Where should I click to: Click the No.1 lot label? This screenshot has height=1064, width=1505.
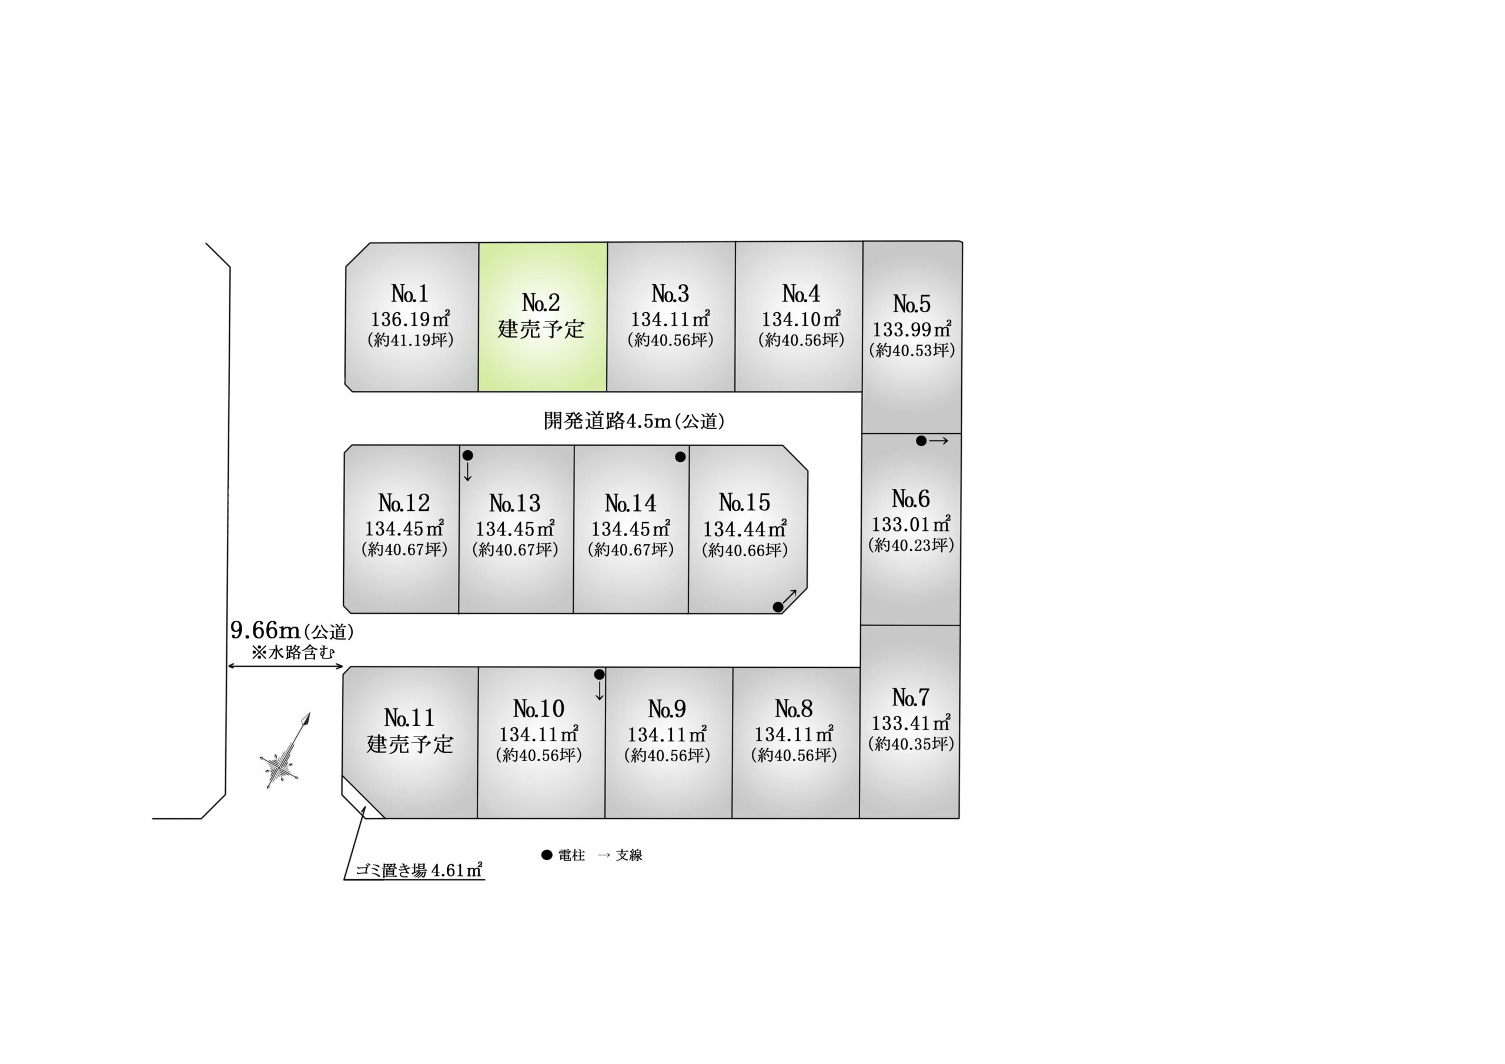[410, 293]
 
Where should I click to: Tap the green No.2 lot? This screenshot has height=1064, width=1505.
[542, 317]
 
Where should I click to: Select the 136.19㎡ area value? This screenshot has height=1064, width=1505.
[410, 319]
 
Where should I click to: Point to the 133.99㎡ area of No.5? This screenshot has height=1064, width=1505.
[912, 329]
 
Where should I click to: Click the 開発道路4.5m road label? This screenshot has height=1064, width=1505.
[634, 421]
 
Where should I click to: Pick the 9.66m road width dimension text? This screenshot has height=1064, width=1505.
[266, 630]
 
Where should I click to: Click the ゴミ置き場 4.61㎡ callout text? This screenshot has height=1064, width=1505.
[419, 870]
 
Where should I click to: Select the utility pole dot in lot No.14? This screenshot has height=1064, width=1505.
[680, 457]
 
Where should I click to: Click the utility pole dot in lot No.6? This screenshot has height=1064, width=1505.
[921, 441]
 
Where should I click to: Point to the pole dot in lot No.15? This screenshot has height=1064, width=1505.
[778, 607]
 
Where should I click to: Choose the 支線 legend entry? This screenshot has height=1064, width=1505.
[621, 855]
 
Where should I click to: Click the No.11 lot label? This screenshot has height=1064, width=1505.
[409, 718]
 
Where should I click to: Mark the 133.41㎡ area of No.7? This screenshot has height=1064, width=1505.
[911, 723]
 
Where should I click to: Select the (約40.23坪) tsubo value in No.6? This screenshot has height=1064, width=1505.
[911, 545]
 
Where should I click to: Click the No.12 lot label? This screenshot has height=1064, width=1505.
[404, 503]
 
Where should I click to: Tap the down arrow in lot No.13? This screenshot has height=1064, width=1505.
[467, 472]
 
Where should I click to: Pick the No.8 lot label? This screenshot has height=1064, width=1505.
[794, 709]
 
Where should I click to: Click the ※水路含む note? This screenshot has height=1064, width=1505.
[293, 653]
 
